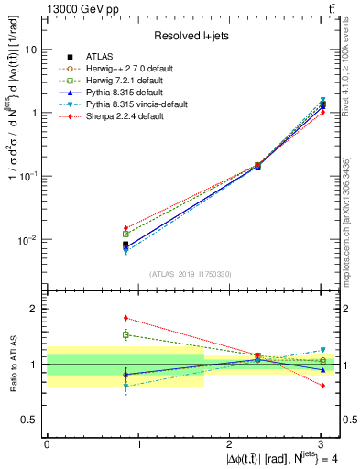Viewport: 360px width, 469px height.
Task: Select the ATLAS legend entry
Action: [112, 57]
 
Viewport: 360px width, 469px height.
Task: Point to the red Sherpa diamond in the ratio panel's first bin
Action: [125, 318]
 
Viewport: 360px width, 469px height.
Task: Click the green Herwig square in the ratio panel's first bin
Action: [125, 334]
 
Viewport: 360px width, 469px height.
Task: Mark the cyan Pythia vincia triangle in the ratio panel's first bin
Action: [125, 387]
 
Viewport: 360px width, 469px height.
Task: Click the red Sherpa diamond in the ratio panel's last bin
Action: [322, 386]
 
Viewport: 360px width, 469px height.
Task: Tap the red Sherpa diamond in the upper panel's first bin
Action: [125, 228]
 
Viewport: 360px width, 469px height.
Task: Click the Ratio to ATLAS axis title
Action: [13, 365]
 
